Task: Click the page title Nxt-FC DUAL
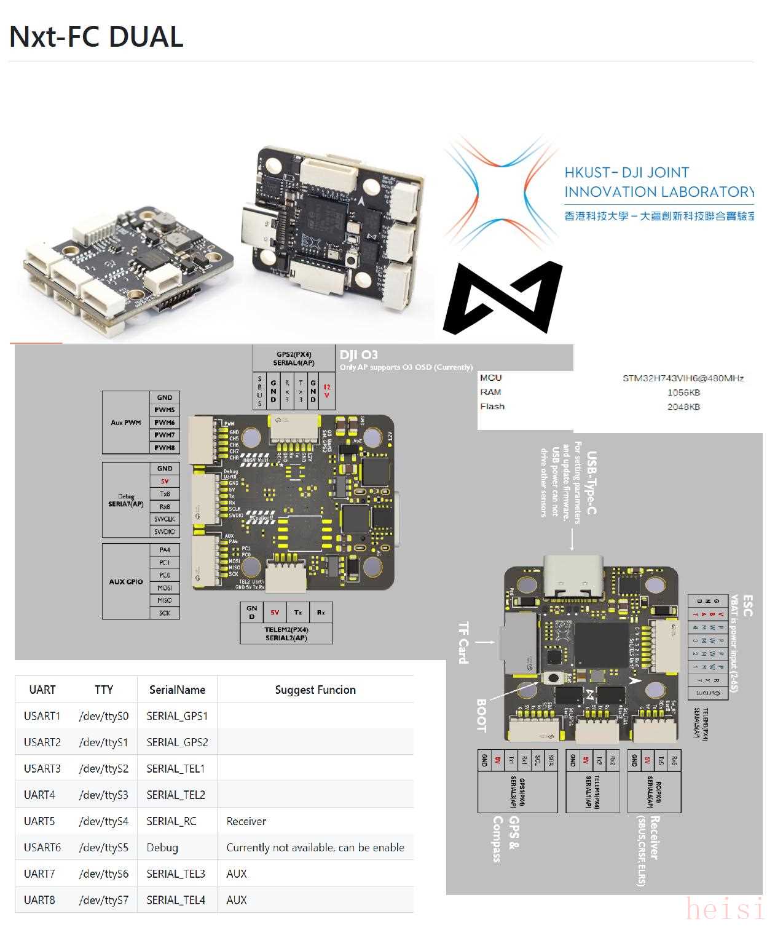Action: [x=96, y=37]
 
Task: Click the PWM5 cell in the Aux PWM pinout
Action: [x=165, y=410]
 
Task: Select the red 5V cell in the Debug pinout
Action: [x=165, y=482]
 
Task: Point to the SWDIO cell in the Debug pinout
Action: [x=165, y=531]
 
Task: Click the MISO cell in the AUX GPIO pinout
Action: [x=165, y=600]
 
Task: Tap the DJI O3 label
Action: [x=359, y=355]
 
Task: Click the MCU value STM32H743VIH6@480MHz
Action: [x=683, y=378]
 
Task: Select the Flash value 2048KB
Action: [x=683, y=407]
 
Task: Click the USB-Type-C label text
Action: [x=591, y=483]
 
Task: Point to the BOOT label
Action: [x=481, y=715]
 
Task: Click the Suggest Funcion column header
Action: [x=315, y=690]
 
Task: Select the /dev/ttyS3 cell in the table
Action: [x=104, y=795]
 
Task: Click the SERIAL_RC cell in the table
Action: [x=171, y=821]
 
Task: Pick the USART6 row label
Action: [x=42, y=848]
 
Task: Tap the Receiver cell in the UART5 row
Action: [x=246, y=821]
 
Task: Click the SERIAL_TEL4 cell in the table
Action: [x=176, y=900]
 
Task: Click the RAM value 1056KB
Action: [x=683, y=392]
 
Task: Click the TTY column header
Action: [x=104, y=690]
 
